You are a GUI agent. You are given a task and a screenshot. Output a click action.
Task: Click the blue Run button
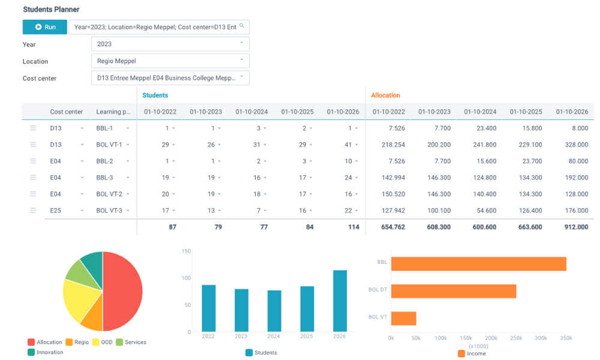[45, 27]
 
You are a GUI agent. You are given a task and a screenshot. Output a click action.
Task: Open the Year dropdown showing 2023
[170, 44]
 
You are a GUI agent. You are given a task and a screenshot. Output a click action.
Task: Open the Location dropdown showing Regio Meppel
[170, 61]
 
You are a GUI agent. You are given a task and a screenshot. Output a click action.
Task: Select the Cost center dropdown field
[170, 77]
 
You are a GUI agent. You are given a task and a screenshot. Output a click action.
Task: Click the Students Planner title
[51, 10]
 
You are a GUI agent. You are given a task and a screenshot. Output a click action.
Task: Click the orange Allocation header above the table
[385, 95]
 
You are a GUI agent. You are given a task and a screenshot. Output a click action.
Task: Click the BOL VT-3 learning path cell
[109, 211]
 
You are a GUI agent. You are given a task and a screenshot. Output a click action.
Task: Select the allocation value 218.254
[392, 145]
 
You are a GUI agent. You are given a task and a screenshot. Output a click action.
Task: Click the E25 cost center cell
[56, 211]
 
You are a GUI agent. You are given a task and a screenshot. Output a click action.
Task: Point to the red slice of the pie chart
[123, 291]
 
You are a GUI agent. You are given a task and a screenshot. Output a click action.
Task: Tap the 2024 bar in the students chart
[274, 311]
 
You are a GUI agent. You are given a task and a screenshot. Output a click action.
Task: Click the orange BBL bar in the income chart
[478, 264]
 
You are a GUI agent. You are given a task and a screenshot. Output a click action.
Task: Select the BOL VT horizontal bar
[403, 318]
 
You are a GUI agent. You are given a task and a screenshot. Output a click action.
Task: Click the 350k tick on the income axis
[565, 338]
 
